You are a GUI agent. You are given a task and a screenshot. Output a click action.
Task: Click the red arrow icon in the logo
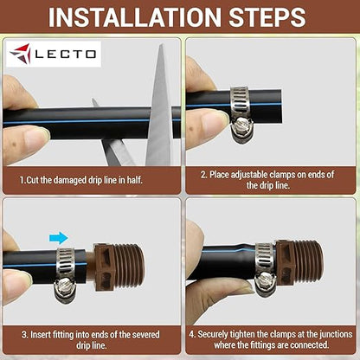click(21, 55)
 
